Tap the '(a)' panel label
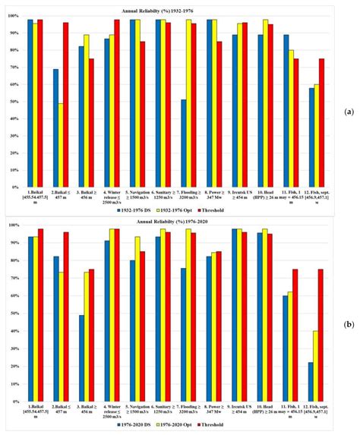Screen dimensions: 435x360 pyautogui.click(x=347, y=109)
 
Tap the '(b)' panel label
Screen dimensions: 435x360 pyautogui.click(x=347, y=324)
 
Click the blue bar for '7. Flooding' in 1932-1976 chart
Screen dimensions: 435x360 pyautogui.click(x=183, y=143)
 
